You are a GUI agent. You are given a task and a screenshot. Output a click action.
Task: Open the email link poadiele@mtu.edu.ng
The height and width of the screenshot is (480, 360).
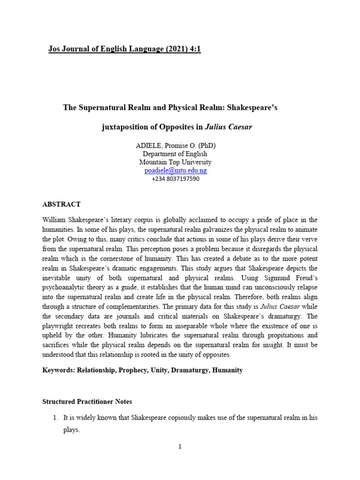coord(175,171)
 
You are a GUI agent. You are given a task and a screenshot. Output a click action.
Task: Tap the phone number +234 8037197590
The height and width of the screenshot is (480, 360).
coord(175,179)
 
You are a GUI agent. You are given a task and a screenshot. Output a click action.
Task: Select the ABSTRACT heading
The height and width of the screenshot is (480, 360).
coord(61,204)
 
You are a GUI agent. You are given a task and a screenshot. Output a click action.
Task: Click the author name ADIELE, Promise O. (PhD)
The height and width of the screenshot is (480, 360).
coord(175,145)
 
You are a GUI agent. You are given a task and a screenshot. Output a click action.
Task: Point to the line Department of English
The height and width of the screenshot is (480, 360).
coord(175,154)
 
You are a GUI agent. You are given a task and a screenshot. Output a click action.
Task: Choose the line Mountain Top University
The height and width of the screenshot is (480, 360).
coord(175,162)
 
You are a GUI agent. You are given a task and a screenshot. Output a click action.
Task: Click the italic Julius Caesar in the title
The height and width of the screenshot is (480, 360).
coord(229,127)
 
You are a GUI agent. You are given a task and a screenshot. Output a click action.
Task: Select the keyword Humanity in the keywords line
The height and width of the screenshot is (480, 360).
coord(227,370)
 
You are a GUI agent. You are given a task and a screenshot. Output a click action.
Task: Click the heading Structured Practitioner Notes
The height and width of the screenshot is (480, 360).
coord(87,402)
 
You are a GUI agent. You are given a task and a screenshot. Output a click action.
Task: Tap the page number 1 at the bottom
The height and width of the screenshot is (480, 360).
coord(180,447)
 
